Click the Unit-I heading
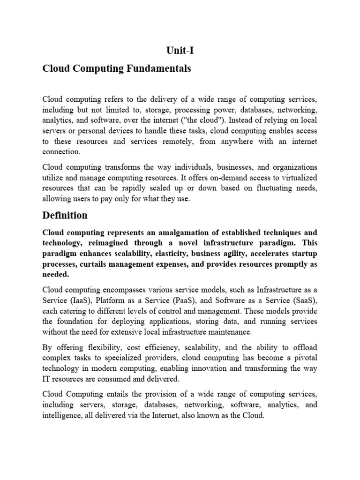pyautogui.click(x=180, y=50)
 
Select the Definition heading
pyautogui.click(x=65, y=215)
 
